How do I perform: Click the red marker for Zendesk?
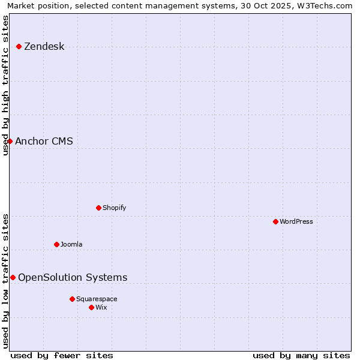click(x=19, y=47)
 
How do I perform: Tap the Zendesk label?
click(x=44, y=47)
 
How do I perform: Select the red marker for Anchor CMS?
click(x=10, y=142)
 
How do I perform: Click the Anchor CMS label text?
click(x=44, y=142)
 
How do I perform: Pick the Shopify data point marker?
click(x=98, y=208)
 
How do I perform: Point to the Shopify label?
click(x=114, y=208)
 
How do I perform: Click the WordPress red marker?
click(x=275, y=222)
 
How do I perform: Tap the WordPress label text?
click(x=296, y=222)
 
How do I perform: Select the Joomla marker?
click(x=56, y=245)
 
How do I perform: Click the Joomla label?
click(x=71, y=245)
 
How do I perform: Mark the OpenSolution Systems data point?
click(x=13, y=278)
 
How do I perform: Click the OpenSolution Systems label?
click(x=73, y=278)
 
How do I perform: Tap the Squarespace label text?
click(x=97, y=299)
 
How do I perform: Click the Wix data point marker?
click(x=91, y=308)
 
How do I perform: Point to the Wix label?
click(x=101, y=308)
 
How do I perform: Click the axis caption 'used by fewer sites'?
click(x=62, y=355)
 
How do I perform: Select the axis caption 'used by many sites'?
click(x=301, y=355)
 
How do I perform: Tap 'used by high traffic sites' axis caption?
click(x=6, y=85)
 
